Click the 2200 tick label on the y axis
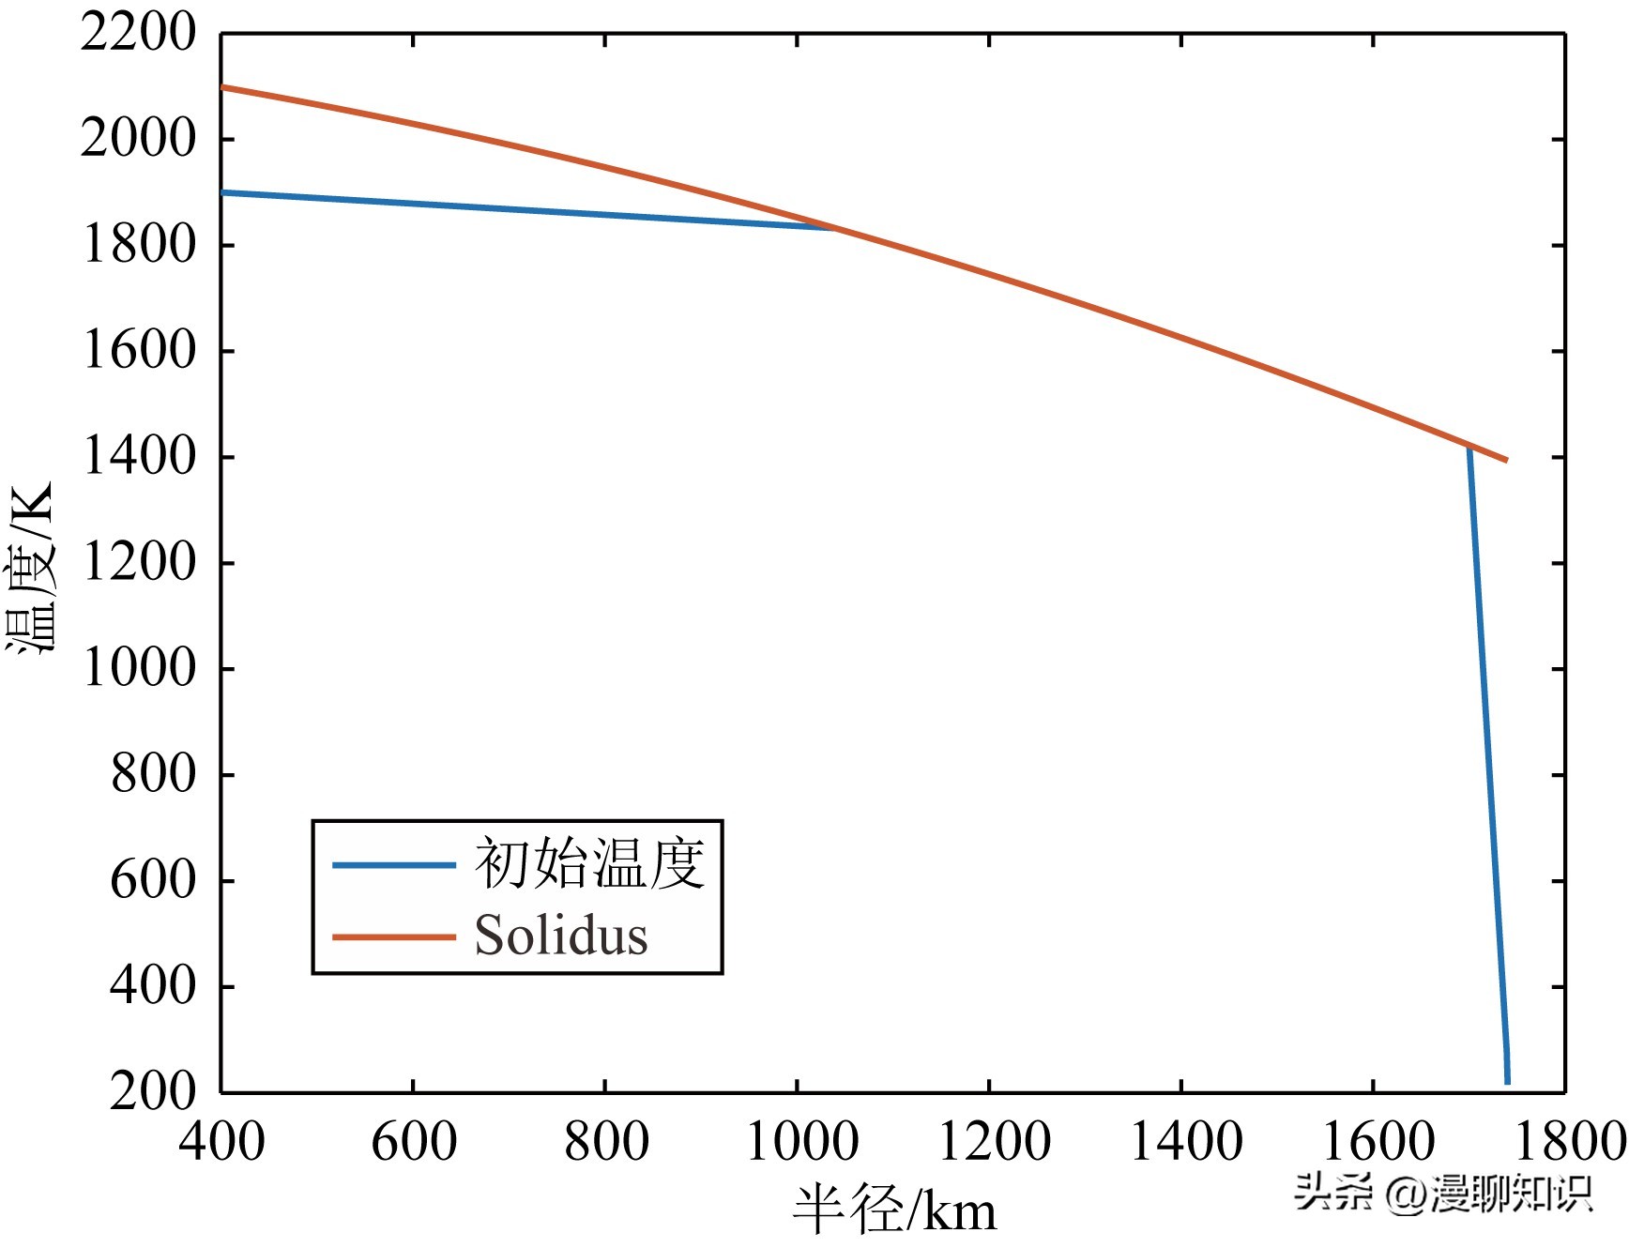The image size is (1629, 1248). point(138,34)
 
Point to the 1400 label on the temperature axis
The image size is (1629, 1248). point(140,457)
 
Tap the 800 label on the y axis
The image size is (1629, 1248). point(153,775)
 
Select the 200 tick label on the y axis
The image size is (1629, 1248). point(153,1091)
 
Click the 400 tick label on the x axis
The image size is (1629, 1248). point(222,1142)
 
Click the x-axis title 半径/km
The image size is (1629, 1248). point(894,1210)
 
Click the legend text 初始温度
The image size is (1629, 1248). point(589,863)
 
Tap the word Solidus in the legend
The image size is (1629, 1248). point(561,936)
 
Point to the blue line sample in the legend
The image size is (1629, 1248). point(394,864)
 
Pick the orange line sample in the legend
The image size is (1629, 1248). point(394,936)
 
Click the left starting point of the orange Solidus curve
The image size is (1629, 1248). point(222,87)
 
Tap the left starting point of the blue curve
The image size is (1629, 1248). point(222,192)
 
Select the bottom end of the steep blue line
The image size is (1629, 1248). point(1507,1082)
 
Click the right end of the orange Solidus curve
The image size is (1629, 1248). point(1506,460)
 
